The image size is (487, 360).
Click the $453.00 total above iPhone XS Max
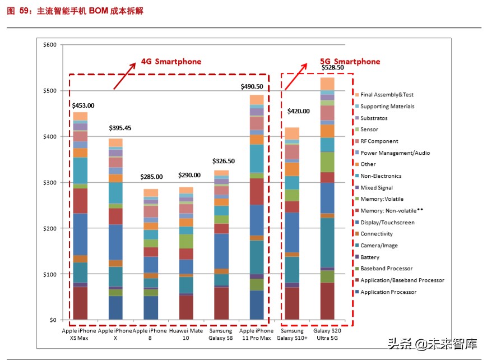[83, 105]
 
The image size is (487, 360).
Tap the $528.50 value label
[332, 67]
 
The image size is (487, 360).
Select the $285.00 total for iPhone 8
[151, 177]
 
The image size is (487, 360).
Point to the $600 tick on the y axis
[49, 45]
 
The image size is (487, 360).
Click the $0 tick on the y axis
[53, 320]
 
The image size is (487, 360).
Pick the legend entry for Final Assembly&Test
[387, 95]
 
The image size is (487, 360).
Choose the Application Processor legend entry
[388, 292]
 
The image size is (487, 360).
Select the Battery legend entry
[370, 257]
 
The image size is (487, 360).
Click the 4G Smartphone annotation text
[171, 61]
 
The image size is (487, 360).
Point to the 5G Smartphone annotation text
[350, 62]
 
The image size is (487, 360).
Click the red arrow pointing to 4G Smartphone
[124, 75]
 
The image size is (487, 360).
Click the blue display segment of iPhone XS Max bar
[81, 234]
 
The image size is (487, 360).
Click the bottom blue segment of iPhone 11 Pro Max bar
[257, 305]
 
